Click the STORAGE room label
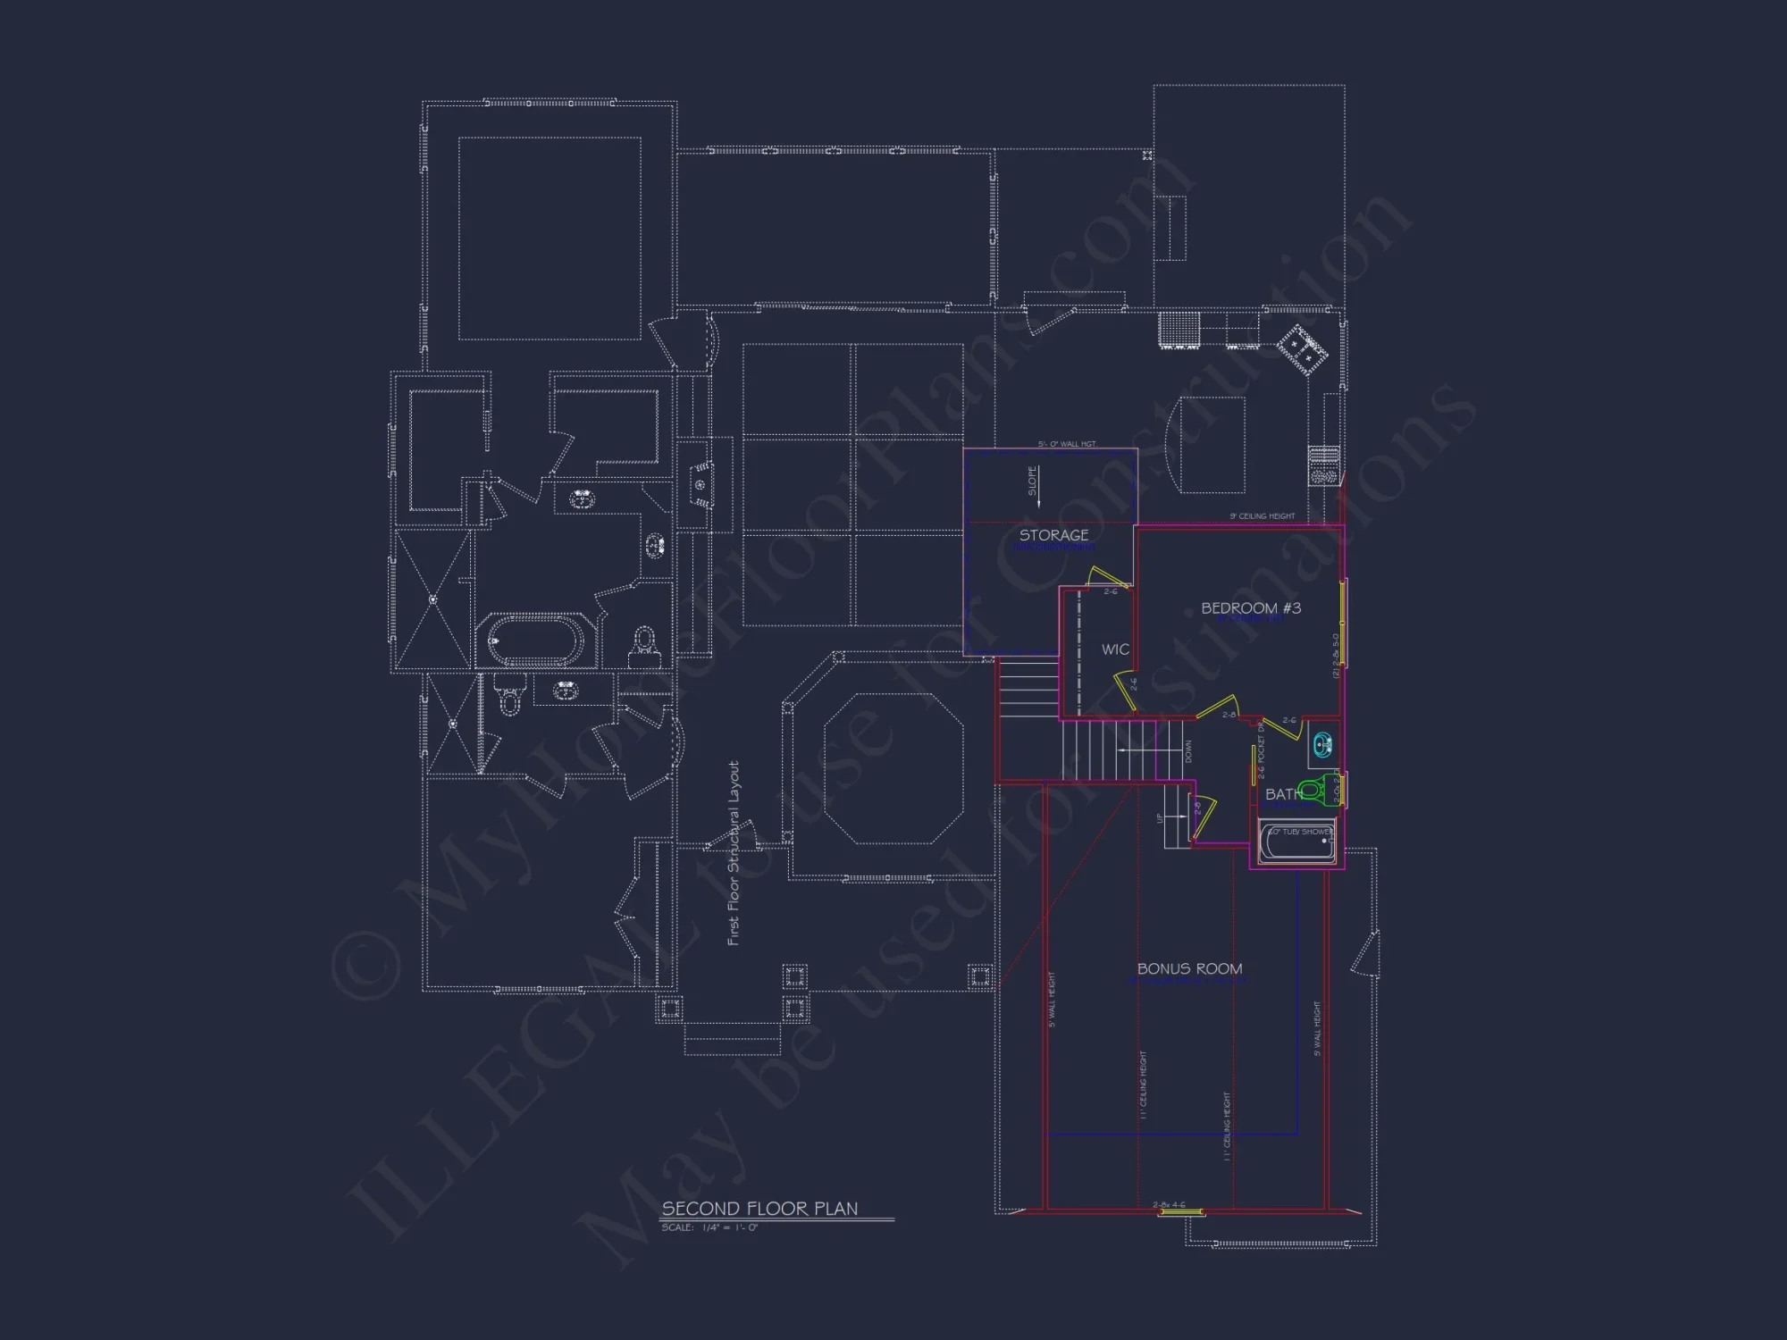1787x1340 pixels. click(x=1053, y=535)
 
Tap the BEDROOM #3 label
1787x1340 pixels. click(x=1250, y=608)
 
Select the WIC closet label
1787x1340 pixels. click(x=1115, y=649)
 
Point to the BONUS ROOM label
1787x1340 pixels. click(x=1189, y=968)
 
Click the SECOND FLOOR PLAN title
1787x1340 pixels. click(x=759, y=1209)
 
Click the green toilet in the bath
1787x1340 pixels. click(x=1311, y=790)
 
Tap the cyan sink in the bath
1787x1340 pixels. click(x=1322, y=743)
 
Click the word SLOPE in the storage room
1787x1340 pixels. click(x=1033, y=481)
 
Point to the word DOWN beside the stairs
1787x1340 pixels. click(x=1188, y=751)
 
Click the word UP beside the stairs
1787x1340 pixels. click(x=1160, y=817)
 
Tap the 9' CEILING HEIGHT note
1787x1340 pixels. click(x=1262, y=516)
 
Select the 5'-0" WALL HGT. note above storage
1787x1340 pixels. click(x=1067, y=444)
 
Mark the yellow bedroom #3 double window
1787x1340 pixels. click(x=1343, y=623)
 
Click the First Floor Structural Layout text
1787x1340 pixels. click(x=734, y=853)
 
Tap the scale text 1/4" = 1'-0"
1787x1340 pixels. click(x=710, y=1228)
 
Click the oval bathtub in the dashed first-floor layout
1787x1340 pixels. click(x=534, y=641)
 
